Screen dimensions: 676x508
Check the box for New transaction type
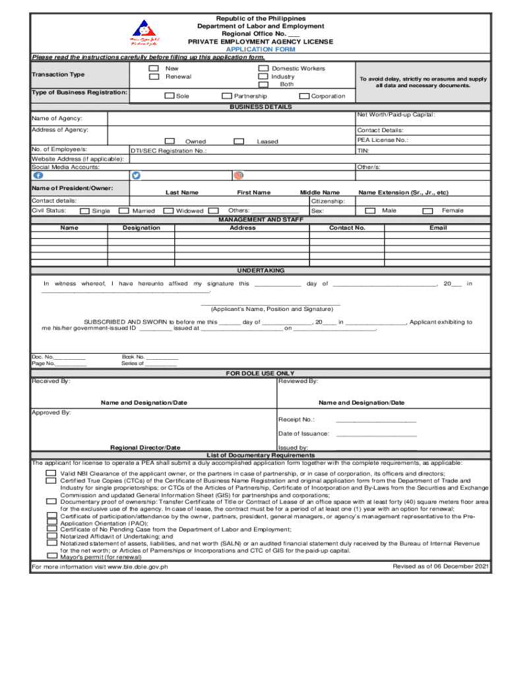[154, 69]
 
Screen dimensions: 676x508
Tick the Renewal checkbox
[154, 77]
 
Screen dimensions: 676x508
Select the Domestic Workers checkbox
[263, 69]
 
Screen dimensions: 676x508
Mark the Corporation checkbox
[304, 96]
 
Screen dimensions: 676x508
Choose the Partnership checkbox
[227, 96]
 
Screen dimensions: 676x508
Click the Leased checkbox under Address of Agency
[239, 141]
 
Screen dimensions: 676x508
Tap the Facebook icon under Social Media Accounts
[38, 176]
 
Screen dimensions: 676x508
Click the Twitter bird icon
[137, 176]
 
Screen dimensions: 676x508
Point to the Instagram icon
[238, 176]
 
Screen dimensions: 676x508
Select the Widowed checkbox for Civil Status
[169, 211]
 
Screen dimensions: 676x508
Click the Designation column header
[141, 228]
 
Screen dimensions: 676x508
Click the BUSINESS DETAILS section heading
[261, 107]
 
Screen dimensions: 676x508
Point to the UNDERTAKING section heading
[261, 271]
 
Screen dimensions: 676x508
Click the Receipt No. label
[296, 420]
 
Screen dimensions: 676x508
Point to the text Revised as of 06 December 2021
[440, 566]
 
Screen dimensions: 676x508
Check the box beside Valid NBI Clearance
[51, 474]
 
